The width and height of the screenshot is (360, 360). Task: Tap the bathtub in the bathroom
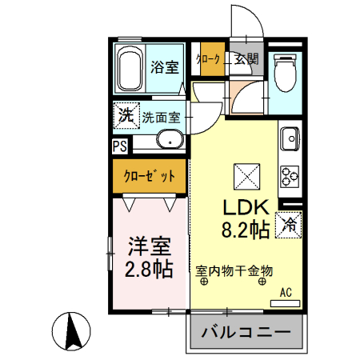click(130, 70)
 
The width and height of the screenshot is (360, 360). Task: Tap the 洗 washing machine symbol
click(126, 114)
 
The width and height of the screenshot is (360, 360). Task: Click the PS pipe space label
click(119, 146)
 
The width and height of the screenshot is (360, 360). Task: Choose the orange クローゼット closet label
click(149, 175)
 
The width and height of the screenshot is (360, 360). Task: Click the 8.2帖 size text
click(244, 230)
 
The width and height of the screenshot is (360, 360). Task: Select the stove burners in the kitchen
click(288, 174)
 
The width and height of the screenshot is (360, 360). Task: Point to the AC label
click(286, 293)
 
